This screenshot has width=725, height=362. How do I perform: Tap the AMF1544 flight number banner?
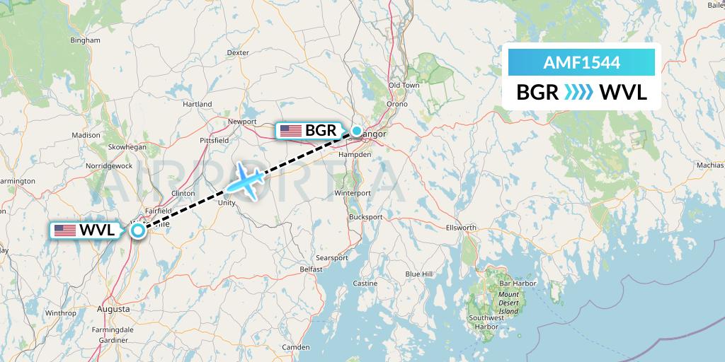(x=581, y=62)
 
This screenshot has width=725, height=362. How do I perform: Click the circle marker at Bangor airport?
(x=357, y=130)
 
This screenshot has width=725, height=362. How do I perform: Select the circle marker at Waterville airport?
(x=139, y=230)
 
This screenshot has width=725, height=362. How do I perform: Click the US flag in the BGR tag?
(x=290, y=130)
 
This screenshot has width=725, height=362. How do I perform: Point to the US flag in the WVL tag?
(x=64, y=230)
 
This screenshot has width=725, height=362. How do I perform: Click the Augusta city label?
(x=113, y=309)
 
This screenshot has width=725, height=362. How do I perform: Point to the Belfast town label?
(x=311, y=269)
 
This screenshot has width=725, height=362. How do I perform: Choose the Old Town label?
(x=404, y=85)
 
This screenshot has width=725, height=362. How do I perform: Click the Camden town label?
(x=295, y=347)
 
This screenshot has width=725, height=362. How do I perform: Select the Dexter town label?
(x=238, y=52)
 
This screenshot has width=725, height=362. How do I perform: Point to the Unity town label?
(x=227, y=202)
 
